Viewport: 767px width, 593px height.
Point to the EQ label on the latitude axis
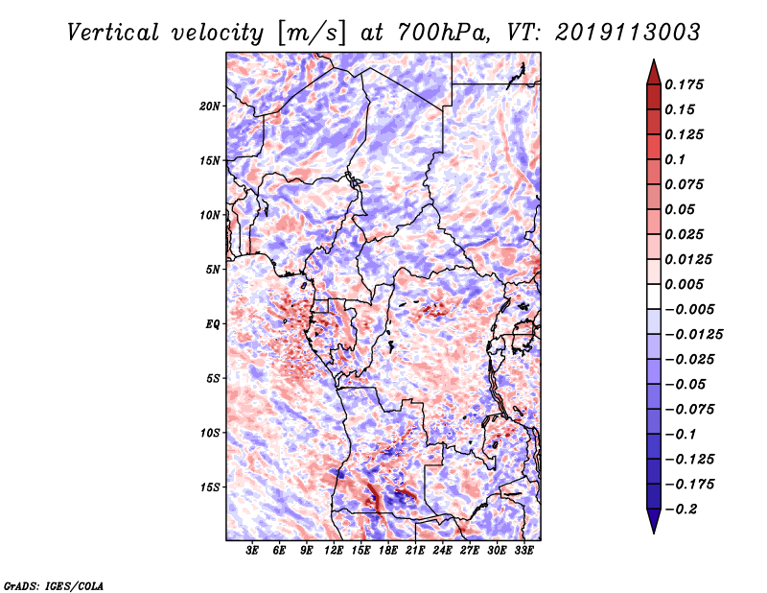pyautogui.click(x=214, y=324)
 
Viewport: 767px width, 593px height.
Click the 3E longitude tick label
pyautogui.click(x=253, y=552)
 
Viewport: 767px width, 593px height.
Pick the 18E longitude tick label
pyautogui.click(x=389, y=552)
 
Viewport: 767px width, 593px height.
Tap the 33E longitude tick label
pyautogui.click(x=524, y=552)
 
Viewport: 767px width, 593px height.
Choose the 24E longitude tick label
pyautogui.click(x=443, y=552)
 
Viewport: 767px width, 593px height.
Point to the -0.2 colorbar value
pyautogui.click(x=681, y=509)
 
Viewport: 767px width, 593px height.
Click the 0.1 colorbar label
pyautogui.click(x=675, y=159)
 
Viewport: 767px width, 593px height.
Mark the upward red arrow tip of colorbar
pyautogui.click(x=652, y=62)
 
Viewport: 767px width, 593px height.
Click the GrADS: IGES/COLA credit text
pyautogui.click(x=54, y=584)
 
